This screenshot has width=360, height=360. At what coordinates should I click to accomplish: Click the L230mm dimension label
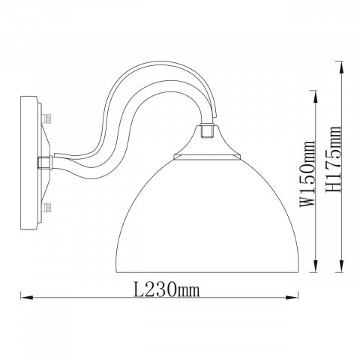click(167, 289)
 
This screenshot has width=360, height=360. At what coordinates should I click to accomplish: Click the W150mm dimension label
click(307, 174)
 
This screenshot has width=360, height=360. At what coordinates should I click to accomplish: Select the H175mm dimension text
click(334, 159)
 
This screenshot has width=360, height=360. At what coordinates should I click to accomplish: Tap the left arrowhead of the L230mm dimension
click(27, 298)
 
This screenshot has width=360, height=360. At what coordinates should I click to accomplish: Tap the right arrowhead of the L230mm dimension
click(292, 298)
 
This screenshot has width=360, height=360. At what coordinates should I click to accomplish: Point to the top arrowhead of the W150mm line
click(316, 97)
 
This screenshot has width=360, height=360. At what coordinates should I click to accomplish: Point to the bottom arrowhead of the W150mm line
click(316, 265)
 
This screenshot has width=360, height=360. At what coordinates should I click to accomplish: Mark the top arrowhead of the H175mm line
click(341, 67)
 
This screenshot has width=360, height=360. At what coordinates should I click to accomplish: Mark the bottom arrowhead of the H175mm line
click(341, 265)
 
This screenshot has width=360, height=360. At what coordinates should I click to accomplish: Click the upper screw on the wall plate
click(47, 118)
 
